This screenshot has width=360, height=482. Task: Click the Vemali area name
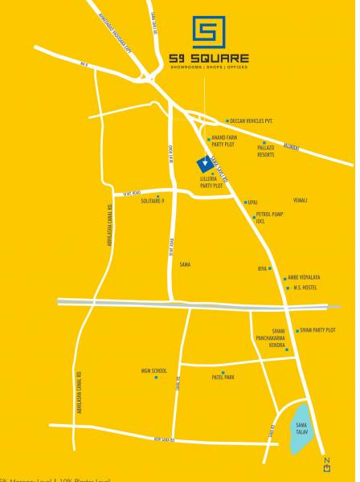pos(301,199)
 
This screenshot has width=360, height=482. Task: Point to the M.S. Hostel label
pos(307,287)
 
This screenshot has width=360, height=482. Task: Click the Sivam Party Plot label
pos(318,330)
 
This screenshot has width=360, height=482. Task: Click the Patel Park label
pos(223,377)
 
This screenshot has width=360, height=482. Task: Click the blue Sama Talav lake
pos(298,428)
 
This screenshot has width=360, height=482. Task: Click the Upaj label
pos(252,202)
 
